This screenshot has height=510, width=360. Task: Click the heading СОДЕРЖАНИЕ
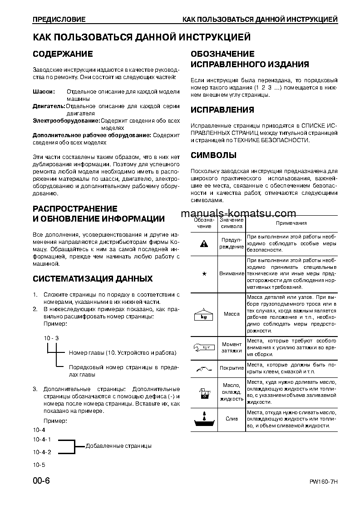pyautogui.click(x=63, y=54)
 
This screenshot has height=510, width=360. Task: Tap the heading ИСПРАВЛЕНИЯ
pyautogui.click(x=222, y=110)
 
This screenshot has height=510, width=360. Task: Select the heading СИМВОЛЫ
pyautogui.click(x=213, y=155)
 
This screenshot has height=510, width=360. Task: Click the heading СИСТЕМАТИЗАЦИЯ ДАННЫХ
pyautogui.click(x=93, y=278)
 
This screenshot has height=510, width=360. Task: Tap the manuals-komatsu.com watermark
pyautogui.click(x=238, y=213)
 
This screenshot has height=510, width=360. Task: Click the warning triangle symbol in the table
pyautogui.click(x=204, y=244)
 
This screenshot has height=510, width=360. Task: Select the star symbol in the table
pyautogui.click(x=204, y=274)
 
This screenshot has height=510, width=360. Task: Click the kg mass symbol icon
pyautogui.click(x=204, y=314)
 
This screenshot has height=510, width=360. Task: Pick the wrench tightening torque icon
pyautogui.click(x=204, y=348)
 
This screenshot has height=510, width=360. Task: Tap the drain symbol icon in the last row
pyautogui.click(x=204, y=419)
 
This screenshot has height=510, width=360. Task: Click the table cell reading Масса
pyautogui.click(x=232, y=314)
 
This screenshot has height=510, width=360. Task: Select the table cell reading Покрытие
pyautogui.click(x=232, y=368)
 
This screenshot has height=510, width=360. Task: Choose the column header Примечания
pyautogui.click(x=291, y=223)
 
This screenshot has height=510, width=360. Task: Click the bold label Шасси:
pyautogui.click(x=44, y=92)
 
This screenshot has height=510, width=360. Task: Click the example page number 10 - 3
pyautogui.click(x=51, y=338)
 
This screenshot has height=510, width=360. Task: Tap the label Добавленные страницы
pyautogui.click(x=118, y=446)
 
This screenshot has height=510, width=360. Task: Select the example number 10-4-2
pyautogui.click(x=42, y=452)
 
